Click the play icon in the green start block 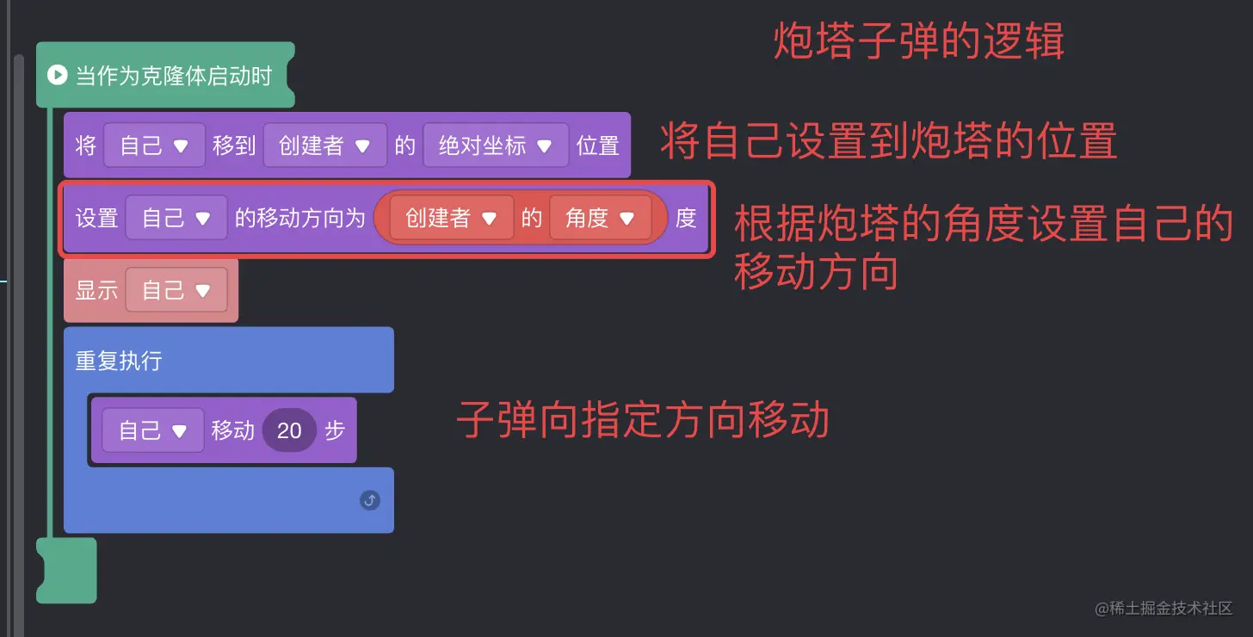(57, 75)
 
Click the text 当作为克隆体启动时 (174, 76)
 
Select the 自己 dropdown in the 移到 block (154, 145)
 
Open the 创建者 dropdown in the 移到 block (324, 145)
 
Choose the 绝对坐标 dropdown (495, 145)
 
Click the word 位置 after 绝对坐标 (598, 145)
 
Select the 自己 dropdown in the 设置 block (176, 218)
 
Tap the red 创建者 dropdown (451, 219)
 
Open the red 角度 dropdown (600, 219)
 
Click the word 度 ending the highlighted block (686, 219)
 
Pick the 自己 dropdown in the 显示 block (176, 290)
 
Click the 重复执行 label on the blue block (119, 360)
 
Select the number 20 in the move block (289, 430)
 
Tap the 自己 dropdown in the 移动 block (153, 430)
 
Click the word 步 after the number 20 (335, 430)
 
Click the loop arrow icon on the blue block (370, 500)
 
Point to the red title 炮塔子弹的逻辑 (918, 40)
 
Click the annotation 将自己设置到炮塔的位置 (888, 141)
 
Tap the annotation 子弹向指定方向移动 (642, 421)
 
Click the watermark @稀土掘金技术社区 (1163, 609)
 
